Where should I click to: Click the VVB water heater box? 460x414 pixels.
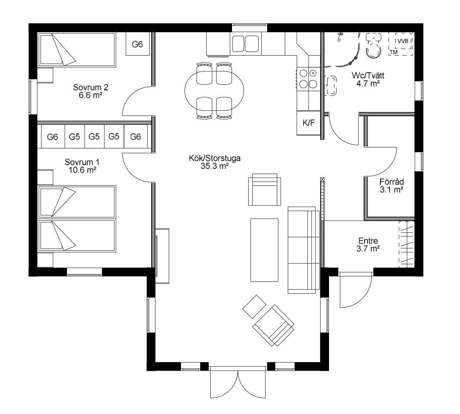pyautogui.click(x=403, y=41)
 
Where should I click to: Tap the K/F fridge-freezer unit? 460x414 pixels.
pyautogui.click(x=308, y=123)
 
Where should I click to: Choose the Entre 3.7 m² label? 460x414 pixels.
pyautogui.click(x=368, y=245)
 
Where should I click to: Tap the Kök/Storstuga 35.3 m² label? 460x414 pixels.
pyautogui.click(x=215, y=162)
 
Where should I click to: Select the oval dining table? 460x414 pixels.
pyautogui.click(x=214, y=91)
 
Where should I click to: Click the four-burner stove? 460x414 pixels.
pyautogui.click(x=308, y=79)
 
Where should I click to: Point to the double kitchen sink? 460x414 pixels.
pyautogui.click(x=245, y=44)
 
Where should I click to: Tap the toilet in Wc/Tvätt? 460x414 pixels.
pyautogui.click(x=373, y=46)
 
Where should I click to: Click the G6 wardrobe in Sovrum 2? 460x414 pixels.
pyautogui.click(x=138, y=44)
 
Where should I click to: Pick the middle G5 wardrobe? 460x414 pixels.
pyautogui.click(x=94, y=137)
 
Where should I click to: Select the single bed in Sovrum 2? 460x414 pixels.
pyautogui.click(x=77, y=50)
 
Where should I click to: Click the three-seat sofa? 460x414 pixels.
pyautogui.click(x=303, y=250)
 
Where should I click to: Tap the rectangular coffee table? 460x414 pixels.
pyautogui.click(x=264, y=250)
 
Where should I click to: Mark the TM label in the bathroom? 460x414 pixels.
pyautogui.click(x=393, y=52)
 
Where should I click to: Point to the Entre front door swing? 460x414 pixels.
pyautogui.click(x=355, y=290)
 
